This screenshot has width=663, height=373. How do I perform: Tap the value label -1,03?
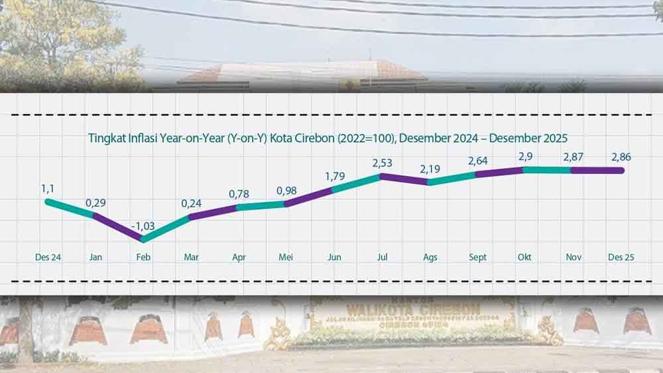click(x=142, y=226)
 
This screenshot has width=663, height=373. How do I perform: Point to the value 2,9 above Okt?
click(x=525, y=155)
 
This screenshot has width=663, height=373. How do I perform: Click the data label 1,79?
click(x=334, y=177)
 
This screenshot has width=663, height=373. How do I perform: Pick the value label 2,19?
click(x=430, y=169)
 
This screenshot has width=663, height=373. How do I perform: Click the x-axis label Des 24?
click(x=48, y=257)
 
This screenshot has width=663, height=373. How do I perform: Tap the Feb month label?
click(x=143, y=257)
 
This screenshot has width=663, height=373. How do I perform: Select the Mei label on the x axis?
click(x=286, y=257)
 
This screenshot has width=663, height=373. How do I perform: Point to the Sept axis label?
click(x=477, y=257)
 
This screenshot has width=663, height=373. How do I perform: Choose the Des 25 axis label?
click(x=621, y=257)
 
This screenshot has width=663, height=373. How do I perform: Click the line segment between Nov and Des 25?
click(x=597, y=171)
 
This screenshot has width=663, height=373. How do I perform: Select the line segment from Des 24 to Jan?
click(x=70, y=207)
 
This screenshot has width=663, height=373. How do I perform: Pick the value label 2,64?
click(x=477, y=161)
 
